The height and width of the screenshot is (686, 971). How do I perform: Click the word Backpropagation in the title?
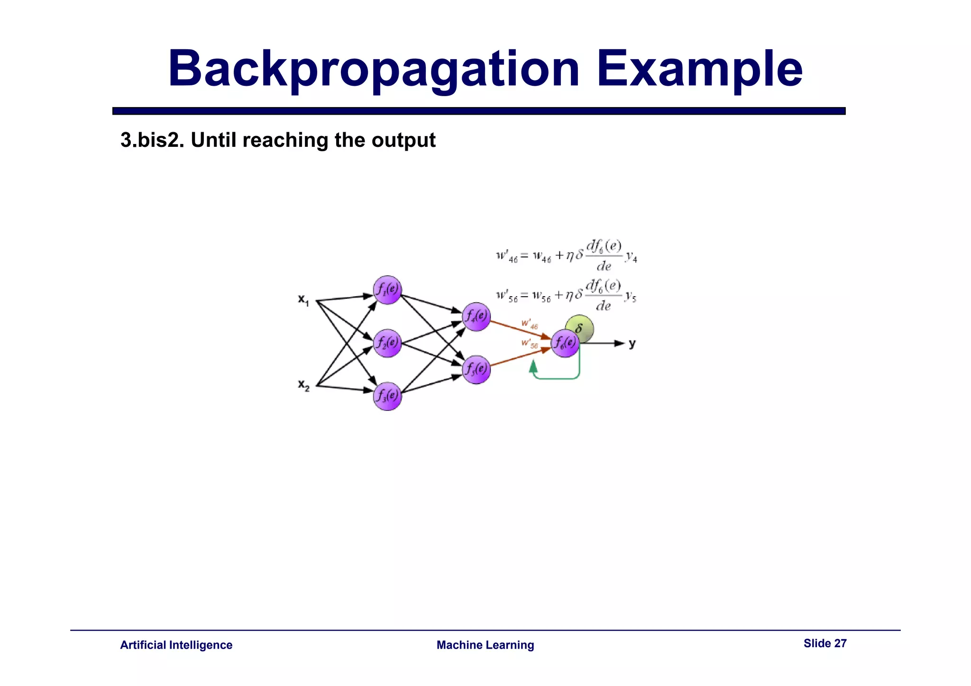374,69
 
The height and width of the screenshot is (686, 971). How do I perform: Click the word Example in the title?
699,69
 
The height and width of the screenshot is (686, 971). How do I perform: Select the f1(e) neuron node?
387,289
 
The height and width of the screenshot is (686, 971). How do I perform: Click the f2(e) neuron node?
387,343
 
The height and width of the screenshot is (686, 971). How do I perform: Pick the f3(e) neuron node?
387,396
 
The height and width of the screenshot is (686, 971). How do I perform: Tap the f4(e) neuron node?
476,316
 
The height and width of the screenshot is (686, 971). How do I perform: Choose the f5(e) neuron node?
476,370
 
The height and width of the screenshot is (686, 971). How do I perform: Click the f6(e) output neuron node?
565,343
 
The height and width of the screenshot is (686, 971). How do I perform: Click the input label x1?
303,299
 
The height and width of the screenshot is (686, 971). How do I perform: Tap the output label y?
632,343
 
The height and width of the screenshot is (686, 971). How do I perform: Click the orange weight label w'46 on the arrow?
530,324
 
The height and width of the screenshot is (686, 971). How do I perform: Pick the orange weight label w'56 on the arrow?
530,343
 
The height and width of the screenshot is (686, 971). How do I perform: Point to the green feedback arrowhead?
533,366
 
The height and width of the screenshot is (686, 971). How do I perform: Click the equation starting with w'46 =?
566,256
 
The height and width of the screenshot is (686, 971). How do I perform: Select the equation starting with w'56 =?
566,296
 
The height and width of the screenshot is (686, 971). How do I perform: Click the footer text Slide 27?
824,643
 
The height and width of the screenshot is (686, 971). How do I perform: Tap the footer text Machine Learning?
485,645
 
